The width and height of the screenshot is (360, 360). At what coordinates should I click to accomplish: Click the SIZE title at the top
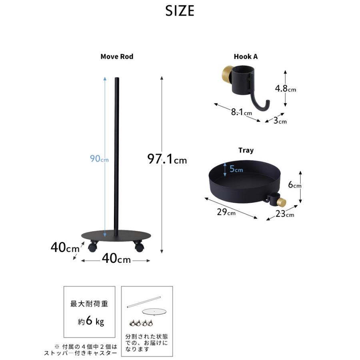pos(180,11)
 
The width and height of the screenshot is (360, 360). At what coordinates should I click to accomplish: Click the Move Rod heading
pos(117,56)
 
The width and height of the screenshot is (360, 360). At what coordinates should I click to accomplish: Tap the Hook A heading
pos(246,56)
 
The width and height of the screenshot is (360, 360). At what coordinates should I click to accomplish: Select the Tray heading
pos(246,150)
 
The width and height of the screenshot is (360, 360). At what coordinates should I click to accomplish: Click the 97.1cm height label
pos(167,159)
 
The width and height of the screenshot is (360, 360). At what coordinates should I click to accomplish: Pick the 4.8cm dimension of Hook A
pos(285,89)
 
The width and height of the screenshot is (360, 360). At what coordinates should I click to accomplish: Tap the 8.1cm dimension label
pos(241,112)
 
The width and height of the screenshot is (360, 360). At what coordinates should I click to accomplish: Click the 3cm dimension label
pos(280,120)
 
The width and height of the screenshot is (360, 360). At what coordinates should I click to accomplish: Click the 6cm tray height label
pos(294,185)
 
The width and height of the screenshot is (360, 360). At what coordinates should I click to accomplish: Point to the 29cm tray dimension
pos(226,212)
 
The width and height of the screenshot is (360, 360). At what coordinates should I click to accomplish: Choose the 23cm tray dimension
pos(284,214)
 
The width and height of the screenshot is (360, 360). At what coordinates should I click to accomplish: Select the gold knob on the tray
pos(282,202)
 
